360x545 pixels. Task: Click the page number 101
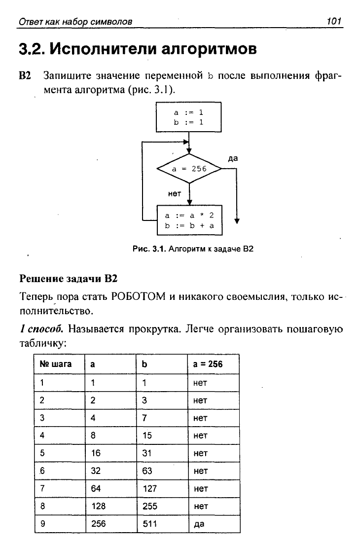point(333,21)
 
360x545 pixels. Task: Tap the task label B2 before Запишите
point(25,75)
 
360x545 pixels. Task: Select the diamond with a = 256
point(189,169)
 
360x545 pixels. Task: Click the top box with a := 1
point(189,117)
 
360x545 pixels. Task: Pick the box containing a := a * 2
point(190,220)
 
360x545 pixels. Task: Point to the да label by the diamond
point(233,158)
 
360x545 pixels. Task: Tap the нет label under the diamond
point(175,194)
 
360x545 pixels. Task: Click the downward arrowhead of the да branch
point(237,220)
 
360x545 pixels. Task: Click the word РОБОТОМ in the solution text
point(138,297)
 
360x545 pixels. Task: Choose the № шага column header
point(56,364)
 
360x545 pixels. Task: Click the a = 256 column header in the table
point(208,364)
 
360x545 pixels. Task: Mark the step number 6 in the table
point(42,471)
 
